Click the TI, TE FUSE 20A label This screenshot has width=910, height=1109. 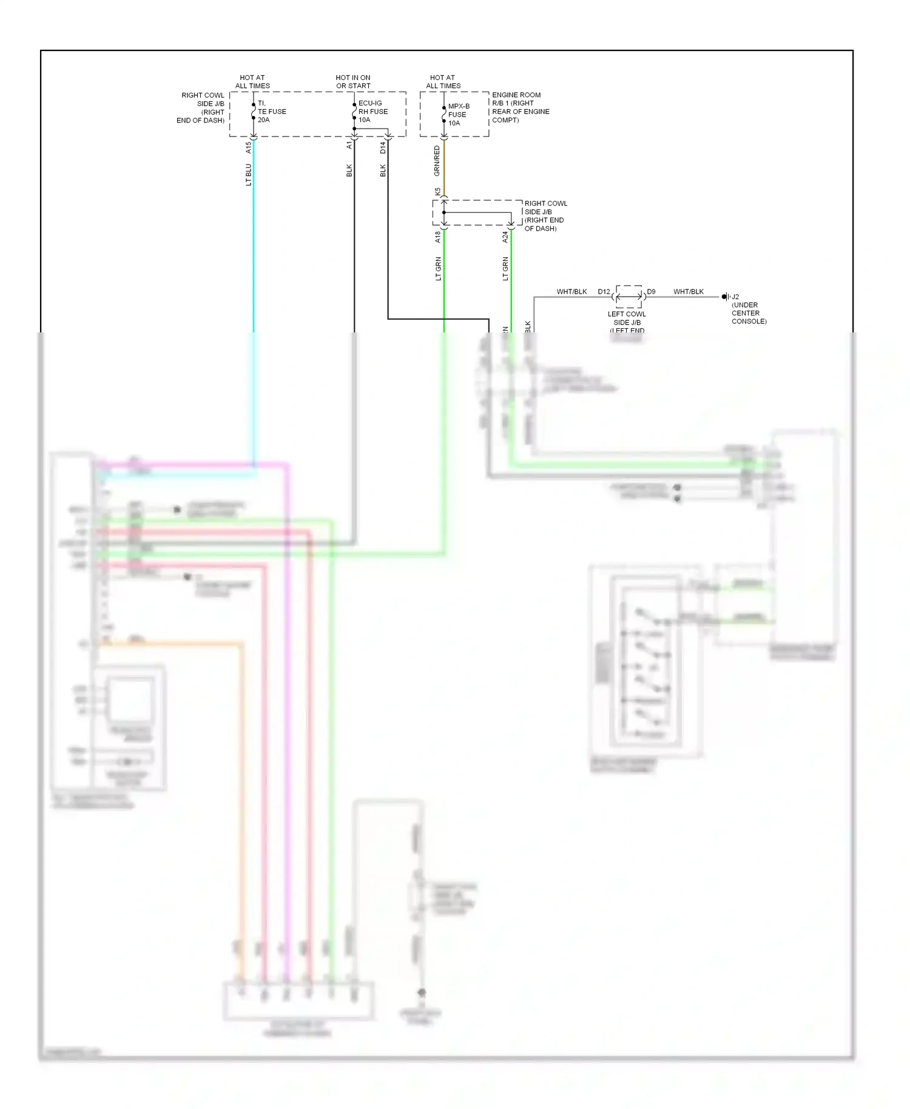271,112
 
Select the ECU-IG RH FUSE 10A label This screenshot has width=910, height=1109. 372,112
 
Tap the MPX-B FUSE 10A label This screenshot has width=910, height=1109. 458,115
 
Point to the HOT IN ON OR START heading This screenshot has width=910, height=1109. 353,82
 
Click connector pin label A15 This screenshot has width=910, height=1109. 249,147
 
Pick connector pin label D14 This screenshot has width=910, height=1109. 383,147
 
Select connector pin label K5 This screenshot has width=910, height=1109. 437,192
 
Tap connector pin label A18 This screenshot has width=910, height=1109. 438,237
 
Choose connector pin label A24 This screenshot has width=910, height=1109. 505,237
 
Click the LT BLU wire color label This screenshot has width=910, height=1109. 249,175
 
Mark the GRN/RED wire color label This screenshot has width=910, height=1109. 437,161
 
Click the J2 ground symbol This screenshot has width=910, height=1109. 725,297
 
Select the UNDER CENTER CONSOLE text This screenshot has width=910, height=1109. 749,313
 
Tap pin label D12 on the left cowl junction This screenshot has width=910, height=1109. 604,292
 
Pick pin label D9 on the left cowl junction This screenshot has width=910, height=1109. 651,292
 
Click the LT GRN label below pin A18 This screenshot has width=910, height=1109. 438,269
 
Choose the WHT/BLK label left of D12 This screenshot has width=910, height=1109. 571,292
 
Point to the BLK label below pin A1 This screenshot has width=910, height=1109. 349,170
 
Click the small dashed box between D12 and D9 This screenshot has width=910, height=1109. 629,297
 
